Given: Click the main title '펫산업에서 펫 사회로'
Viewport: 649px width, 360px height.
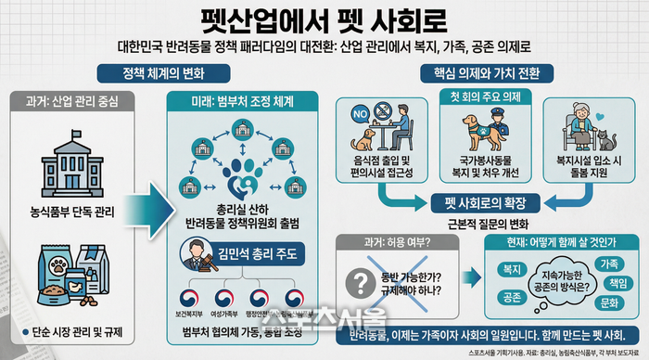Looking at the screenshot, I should click(x=324, y=20).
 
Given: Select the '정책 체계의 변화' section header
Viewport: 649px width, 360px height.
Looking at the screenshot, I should click(x=162, y=72).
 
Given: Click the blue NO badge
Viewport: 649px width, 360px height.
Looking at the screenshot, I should click(x=362, y=117).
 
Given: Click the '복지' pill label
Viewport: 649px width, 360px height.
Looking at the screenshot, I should click(x=511, y=269).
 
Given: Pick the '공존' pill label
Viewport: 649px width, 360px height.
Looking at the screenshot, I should click(x=511, y=298).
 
